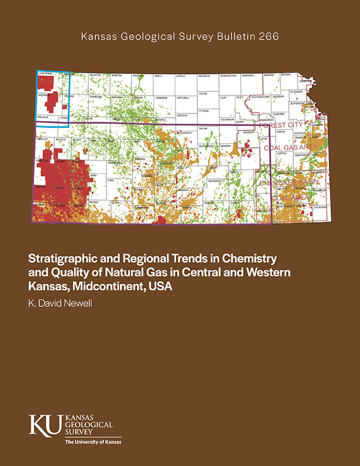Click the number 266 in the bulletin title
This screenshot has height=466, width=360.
click(268, 37)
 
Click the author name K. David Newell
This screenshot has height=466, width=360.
click(63, 304)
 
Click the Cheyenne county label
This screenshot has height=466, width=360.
click(46, 73)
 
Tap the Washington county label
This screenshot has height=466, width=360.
click(228, 76)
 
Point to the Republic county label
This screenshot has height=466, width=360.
click(205, 76)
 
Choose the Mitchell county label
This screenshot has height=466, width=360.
click(182, 96)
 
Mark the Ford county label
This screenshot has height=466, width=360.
click(110, 180)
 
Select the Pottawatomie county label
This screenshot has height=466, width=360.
click(253, 95)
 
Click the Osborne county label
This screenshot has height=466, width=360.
click(160, 96)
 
